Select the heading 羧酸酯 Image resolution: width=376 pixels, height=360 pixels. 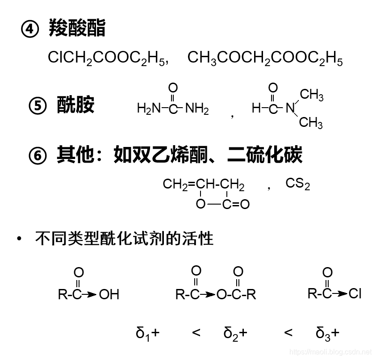[77, 28]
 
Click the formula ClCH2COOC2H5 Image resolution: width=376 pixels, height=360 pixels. [106, 58]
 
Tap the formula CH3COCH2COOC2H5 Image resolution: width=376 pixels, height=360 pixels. [265, 58]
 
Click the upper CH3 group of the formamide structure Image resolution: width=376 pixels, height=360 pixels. [312, 95]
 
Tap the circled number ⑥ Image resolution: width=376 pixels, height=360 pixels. [38, 155]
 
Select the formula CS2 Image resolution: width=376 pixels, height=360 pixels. [297, 184]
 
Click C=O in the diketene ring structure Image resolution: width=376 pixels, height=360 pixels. [235, 205]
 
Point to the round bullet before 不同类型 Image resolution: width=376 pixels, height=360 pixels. [19, 239]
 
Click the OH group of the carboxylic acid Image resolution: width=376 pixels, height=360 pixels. [109, 294]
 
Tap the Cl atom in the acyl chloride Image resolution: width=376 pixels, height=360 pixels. [355, 293]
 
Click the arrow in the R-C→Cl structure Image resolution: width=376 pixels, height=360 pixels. [340, 293]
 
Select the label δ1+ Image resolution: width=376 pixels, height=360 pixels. [147, 333]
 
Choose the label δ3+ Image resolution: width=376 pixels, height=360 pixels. [327, 333]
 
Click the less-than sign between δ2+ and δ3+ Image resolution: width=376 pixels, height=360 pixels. [288, 332]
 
